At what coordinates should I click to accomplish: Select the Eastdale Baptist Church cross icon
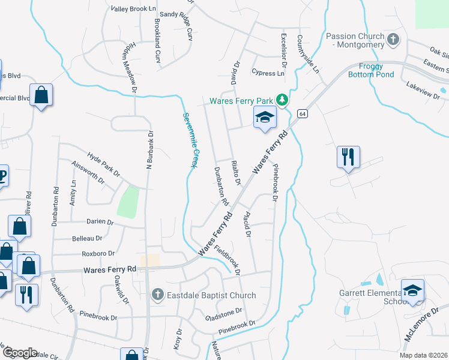pos(157,295)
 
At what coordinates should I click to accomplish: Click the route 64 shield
pos(302,113)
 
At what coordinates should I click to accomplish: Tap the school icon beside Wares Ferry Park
pos(264,118)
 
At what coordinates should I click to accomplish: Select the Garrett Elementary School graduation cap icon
pos(412,291)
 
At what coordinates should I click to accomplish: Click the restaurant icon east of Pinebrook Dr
pos(348,157)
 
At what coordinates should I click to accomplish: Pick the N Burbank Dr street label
pos(149,151)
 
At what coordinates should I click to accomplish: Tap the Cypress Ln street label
pos(268,73)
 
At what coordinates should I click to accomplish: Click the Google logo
pos(19,353)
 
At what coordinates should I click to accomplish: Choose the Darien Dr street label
pos(98,221)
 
